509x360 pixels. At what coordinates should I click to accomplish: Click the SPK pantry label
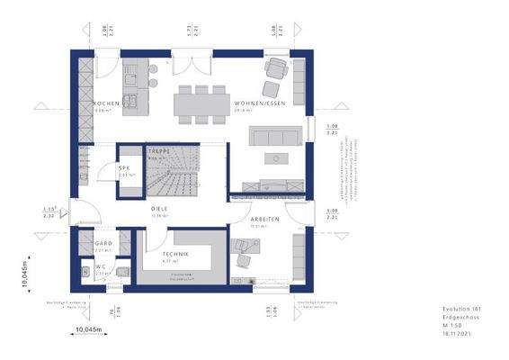tap(125, 167)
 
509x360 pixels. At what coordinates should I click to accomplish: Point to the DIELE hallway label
tap(160, 209)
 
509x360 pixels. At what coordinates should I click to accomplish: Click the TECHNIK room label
tap(175, 255)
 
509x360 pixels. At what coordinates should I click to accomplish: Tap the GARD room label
tap(102, 244)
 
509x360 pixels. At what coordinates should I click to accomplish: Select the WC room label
tap(101, 266)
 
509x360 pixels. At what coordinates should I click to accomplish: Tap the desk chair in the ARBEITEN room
tap(243, 259)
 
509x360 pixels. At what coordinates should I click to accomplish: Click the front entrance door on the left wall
tap(82, 214)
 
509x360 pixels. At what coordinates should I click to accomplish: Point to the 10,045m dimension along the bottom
tap(88, 328)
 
